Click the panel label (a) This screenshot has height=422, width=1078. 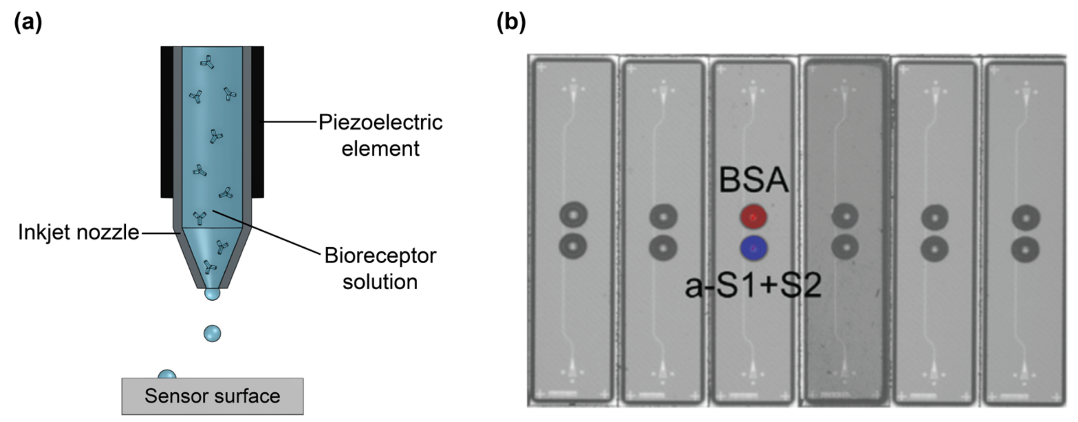point(28,22)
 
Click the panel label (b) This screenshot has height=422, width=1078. point(511,22)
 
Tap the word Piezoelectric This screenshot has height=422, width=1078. point(380,122)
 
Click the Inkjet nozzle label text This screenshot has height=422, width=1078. point(78,232)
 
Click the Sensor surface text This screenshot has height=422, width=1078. point(212,396)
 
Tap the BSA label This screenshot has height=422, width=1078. point(753,180)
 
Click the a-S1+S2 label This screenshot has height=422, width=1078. point(753,286)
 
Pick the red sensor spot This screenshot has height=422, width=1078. point(753,217)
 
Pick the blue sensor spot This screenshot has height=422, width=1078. point(753,248)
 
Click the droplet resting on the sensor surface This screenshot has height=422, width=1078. point(167,375)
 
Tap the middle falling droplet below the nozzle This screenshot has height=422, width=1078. point(212,333)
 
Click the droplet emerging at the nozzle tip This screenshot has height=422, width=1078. point(212,294)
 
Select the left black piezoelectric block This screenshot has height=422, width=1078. point(167,121)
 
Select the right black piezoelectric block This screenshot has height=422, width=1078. point(257,121)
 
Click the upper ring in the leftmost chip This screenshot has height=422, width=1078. point(573,215)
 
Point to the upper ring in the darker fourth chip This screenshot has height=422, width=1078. point(845,216)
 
